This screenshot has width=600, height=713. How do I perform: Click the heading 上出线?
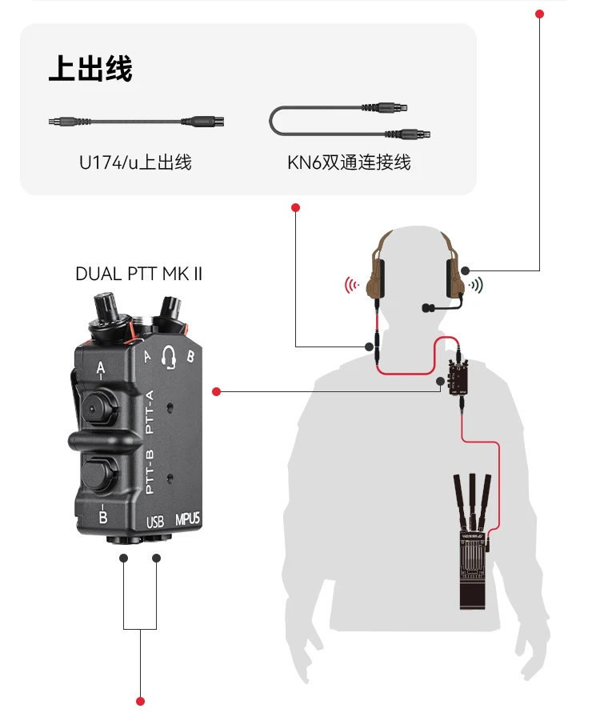(90, 69)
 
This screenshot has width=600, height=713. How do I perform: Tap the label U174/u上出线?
(135, 162)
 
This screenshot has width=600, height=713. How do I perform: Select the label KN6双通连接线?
(349, 162)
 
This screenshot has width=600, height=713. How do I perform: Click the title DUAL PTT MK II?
(139, 274)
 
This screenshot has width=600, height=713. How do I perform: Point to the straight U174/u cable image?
(135, 122)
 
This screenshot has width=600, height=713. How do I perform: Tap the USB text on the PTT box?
(155, 523)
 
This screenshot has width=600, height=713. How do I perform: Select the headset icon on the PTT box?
(168, 358)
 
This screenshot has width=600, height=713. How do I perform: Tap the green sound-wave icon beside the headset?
(477, 285)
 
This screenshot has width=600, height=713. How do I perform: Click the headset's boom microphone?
(432, 306)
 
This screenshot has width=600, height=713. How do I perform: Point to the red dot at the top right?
(540, 14)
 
